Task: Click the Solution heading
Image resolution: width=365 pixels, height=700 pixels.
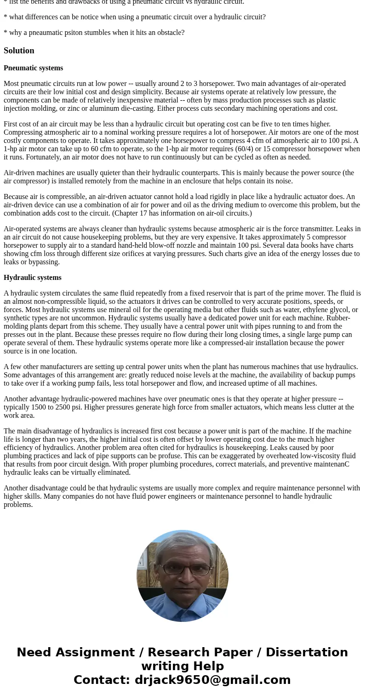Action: pyautogui.click(x=19, y=51)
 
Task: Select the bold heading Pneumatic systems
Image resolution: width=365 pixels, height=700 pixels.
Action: pyautogui.click(x=33, y=68)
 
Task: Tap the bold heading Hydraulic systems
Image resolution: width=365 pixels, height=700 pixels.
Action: pyautogui.click(x=32, y=278)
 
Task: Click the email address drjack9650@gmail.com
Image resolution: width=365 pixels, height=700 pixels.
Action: pyautogui.click(x=212, y=680)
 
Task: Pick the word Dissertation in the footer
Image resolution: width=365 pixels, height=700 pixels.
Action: pyautogui.click(x=307, y=652)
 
